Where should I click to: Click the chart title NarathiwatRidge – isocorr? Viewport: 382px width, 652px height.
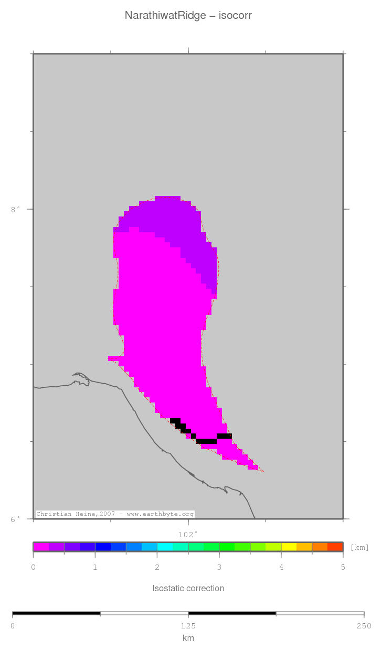(188, 16)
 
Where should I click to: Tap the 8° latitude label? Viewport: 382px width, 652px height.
(16, 210)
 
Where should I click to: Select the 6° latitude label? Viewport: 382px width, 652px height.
(16, 519)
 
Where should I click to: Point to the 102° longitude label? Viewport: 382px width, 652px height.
(188, 535)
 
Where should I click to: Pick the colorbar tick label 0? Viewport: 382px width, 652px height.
(33, 567)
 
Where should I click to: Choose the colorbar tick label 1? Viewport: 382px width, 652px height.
(95, 567)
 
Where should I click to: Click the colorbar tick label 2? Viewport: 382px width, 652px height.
(157, 567)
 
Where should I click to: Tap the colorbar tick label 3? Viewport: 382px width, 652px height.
(219, 567)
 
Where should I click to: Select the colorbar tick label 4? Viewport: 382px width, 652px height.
(281, 567)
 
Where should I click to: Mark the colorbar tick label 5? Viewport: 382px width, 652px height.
(343, 567)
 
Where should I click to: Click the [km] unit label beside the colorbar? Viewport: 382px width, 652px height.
(359, 548)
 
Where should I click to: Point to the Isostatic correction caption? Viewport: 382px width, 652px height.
(188, 588)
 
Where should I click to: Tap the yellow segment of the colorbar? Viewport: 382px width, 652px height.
(289, 547)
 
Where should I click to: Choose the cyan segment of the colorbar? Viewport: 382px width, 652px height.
(165, 547)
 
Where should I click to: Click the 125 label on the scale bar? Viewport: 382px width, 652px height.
(188, 626)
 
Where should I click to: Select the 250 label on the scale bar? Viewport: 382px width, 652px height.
(364, 626)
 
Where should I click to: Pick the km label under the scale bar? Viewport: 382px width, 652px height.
(188, 638)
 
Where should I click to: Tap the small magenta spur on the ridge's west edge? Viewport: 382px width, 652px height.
(113, 358)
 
